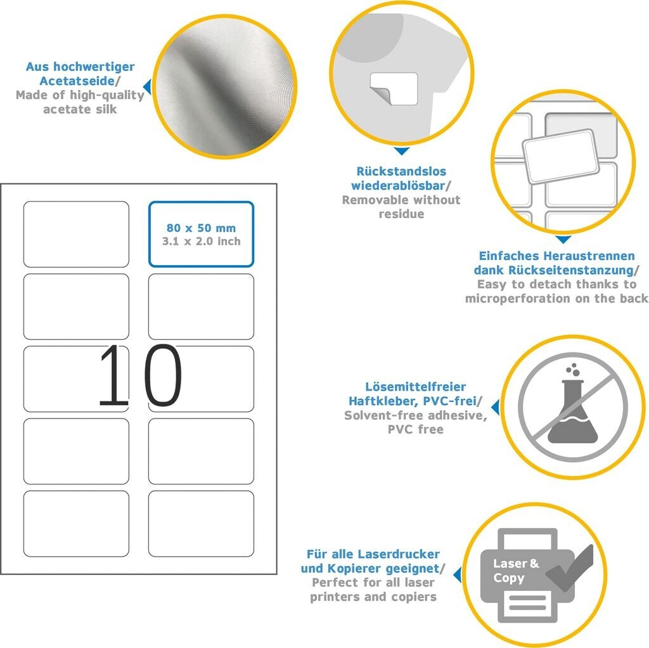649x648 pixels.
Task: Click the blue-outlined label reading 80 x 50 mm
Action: [x=201, y=234]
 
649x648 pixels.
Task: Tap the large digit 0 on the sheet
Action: [x=164, y=375]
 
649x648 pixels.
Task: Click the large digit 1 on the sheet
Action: [x=113, y=375]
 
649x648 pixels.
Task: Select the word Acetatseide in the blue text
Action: [x=77, y=81]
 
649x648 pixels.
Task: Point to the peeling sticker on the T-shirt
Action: [x=394, y=89]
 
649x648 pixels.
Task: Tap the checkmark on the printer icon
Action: [x=570, y=567]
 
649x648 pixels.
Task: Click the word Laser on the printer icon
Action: [x=510, y=564]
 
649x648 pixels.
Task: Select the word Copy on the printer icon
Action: [x=509, y=578]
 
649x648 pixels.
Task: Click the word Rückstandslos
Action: [x=401, y=171]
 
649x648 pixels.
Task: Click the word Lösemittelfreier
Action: [x=415, y=387]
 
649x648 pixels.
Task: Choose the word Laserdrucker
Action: [x=399, y=554]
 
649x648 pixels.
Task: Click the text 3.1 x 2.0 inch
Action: [x=201, y=242]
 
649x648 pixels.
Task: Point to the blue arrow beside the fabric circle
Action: [x=147, y=87]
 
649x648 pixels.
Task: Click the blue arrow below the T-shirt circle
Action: [x=401, y=151]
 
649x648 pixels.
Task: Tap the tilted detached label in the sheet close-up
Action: [x=560, y=156]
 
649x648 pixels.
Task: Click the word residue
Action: [x=401, y=214]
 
